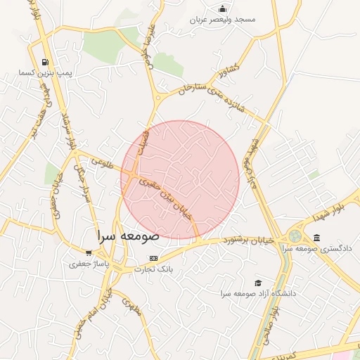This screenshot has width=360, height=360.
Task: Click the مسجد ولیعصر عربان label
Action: point(223,20)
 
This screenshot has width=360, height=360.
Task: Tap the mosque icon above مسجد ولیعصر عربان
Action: point(223,8)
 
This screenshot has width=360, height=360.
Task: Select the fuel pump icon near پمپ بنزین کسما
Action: point(46,62)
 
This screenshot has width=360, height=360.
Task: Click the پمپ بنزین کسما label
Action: point(45,73)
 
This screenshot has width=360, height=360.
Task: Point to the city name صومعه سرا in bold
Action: point(130,236)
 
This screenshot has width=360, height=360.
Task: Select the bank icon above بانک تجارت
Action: point(154,258)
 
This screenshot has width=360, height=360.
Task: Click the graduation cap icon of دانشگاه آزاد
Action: point(258,282)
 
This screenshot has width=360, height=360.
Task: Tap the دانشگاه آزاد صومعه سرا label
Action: point(257,292)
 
